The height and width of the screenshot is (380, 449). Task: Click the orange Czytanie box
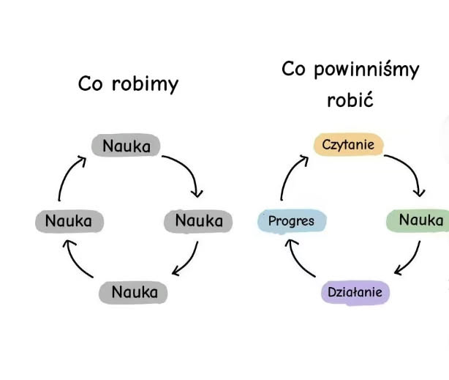click(x=349, y=144)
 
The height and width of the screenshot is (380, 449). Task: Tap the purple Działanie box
click(x=355, y=293)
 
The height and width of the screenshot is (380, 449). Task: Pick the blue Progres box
click(x=291, y=220)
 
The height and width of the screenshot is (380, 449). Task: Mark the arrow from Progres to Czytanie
click(x=290, y=176)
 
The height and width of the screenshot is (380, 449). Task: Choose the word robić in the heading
click(x=350, y=100)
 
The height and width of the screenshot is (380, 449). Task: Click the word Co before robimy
click(x=91, y=84)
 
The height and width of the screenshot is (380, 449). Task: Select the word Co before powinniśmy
click(x=294, y=70)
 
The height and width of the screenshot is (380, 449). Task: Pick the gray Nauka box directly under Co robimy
click(x=126, y=146)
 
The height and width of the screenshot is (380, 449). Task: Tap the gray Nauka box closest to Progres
click(x=198, y=220)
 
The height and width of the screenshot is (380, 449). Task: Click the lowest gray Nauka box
click(x=134, y=292)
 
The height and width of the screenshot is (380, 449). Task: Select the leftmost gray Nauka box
click(x=69, y=220)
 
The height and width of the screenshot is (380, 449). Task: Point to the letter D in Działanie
click(x=332, y=293)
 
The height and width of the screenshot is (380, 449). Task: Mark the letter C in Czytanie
click(x=326, y=144)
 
